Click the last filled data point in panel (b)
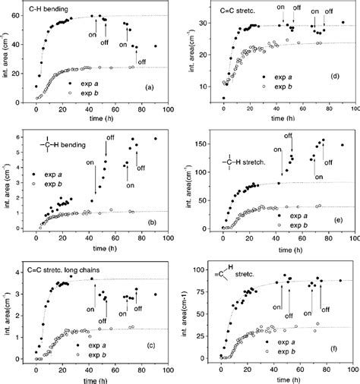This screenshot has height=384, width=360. [x=156, y=139]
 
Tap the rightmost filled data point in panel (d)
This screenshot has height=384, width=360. [x=343, y=23]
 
